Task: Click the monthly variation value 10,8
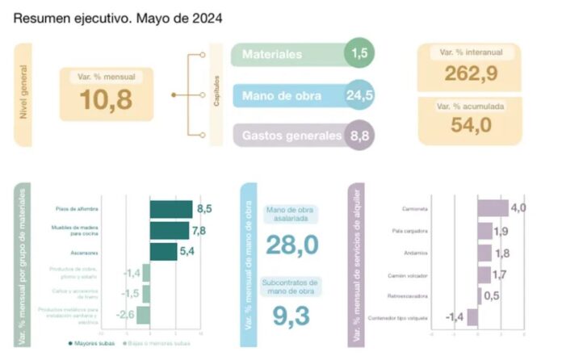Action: [106, 98]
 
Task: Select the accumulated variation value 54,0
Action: [468, 128]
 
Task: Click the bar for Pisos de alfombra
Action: [170, 210]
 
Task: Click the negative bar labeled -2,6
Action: [142, 314]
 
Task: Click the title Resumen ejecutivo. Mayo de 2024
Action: [119, 16]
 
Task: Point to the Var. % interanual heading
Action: [468, 52]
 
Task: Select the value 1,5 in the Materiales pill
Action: [360, 54]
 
